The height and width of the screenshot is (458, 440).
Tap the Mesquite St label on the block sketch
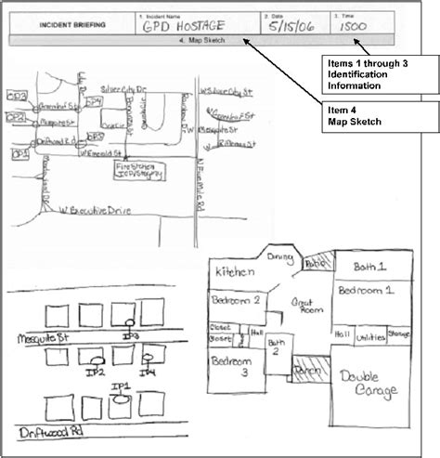pos(36,339)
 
